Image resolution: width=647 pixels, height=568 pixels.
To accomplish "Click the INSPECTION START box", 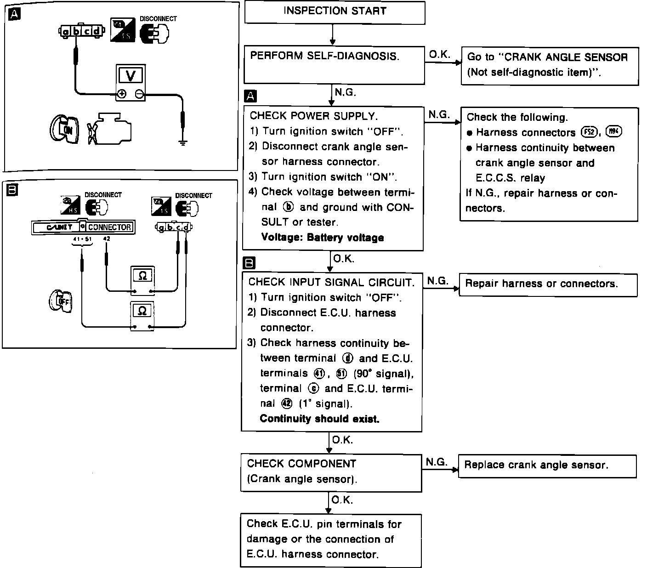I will point(335,12).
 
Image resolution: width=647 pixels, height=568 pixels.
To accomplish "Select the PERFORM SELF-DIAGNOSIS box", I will point(334,64).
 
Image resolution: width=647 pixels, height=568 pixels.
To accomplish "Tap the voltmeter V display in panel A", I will point(131,75).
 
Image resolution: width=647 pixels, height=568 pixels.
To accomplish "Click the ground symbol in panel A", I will point(183,142).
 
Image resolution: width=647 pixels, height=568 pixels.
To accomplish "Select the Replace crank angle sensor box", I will point(547,466).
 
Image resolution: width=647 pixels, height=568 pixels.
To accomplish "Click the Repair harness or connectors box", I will point(548,284).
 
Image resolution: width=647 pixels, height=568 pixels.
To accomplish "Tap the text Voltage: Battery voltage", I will point(322,238).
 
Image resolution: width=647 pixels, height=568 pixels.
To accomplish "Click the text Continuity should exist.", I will point(319,419).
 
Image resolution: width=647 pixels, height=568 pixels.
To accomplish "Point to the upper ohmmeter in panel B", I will point(142,279).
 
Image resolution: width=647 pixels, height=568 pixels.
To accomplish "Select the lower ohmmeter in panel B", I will point(142,315).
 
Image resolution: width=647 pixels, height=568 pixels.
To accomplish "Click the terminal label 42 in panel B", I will point(107,239).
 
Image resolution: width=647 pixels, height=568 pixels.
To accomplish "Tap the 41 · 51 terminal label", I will point(82,239).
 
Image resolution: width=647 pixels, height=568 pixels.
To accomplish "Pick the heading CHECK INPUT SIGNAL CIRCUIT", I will point(331,282).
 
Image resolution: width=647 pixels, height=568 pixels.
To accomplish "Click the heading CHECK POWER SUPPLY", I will point(313,116).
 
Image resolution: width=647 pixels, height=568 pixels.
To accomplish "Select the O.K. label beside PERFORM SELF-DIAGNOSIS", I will point(440,55).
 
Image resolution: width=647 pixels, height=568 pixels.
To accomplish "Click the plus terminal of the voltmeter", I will point(121,94).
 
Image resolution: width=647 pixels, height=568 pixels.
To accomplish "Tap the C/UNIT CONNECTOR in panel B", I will point(83,227).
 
